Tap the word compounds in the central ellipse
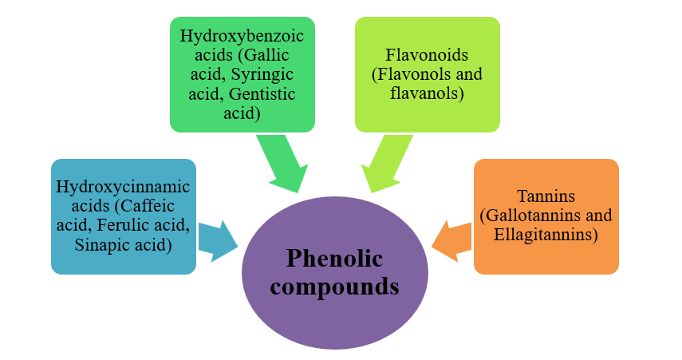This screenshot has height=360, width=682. click(x=334, y=285)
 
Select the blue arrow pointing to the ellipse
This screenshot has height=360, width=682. click(x=217, y=240)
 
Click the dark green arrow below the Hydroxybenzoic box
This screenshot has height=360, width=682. click(x=283, y=163)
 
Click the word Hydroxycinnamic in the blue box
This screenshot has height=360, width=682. click(x=123, y=187)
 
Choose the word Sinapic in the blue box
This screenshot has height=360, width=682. click(x=101, y=244)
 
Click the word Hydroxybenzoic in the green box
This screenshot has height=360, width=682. click(x=242, y=37)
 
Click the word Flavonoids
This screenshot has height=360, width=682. click(x=427, y=56)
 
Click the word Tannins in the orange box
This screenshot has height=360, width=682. click(x=546, y=197)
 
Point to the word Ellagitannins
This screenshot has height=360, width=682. click(x=546, y=235)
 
